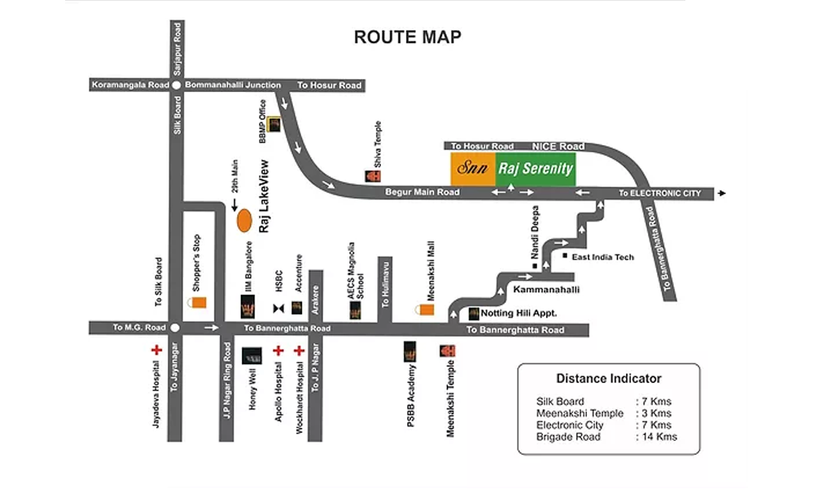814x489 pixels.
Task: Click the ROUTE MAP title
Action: (407, 37)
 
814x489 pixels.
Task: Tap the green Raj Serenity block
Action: (536, 169)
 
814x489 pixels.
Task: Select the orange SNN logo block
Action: (473, 169)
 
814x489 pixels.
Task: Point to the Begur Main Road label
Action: (422, 193)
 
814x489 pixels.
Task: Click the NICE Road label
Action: (554, 146)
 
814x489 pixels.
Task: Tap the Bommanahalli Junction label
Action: (233, 85)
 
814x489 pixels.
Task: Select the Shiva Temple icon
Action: (371, 175)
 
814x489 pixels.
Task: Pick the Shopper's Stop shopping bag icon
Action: (198, 302)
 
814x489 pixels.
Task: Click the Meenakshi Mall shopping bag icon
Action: (425, 311)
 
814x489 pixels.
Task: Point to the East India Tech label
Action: (602, 258)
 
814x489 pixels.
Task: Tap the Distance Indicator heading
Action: (608, 378)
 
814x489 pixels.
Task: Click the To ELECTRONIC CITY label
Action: (659, 194)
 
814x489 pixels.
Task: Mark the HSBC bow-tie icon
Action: (278, 307)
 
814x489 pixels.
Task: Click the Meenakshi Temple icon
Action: (447, 351)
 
